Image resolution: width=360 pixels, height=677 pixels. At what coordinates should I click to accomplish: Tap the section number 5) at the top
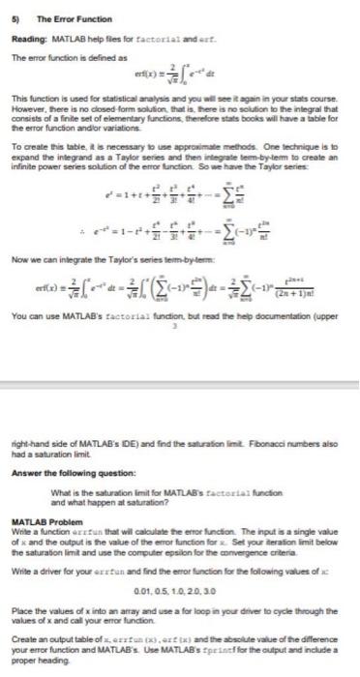[16, 16]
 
